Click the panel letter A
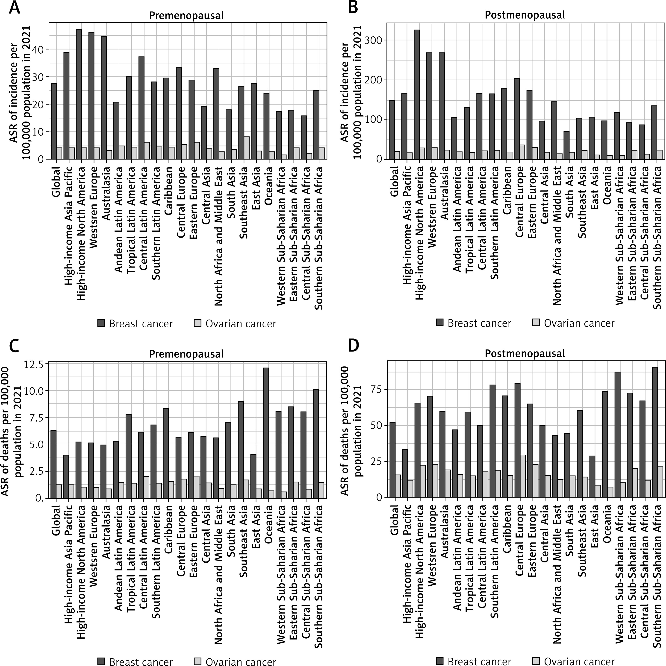(14, 8)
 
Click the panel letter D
(353, 346)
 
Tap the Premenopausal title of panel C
(186, 354)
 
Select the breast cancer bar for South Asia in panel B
(566, 145)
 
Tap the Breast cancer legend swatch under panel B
(439, 323)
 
